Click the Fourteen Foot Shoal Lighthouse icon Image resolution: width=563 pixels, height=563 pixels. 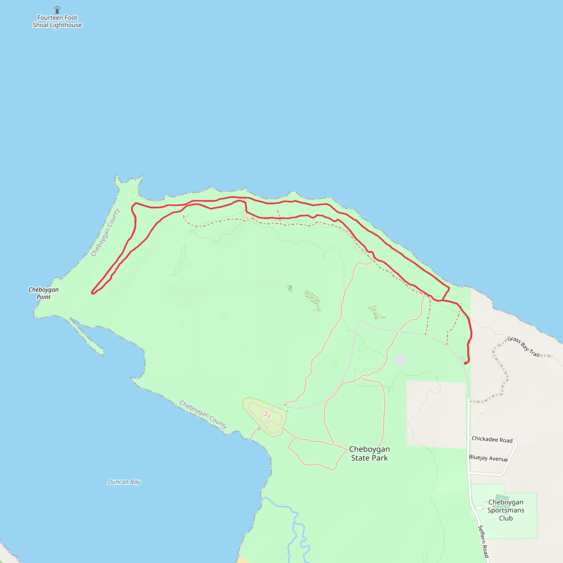point(57,10)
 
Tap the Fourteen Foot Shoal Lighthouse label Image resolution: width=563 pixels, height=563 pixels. point(57,21)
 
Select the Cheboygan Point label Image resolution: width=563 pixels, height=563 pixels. point(43,293)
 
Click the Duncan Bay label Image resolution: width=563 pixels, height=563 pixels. point(124,482)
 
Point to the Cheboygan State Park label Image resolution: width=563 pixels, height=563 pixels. point(369,453)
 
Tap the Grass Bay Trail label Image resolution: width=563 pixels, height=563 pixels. point(523,347)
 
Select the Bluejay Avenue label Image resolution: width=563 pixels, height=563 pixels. point(488,458)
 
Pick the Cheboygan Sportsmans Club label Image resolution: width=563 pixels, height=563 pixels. point(506,510)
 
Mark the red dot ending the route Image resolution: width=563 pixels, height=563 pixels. point(465,363)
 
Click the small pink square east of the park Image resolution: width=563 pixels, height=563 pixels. point(400,360)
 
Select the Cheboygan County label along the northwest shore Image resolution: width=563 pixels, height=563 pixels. point(105,232)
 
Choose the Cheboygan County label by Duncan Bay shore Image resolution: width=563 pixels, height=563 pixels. point(203,414)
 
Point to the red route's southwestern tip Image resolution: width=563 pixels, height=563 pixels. point(92,293)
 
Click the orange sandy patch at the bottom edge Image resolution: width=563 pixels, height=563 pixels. point(242,560)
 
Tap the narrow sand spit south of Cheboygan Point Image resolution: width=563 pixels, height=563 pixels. point(87,338)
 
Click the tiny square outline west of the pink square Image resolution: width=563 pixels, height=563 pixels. point(335,364)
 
